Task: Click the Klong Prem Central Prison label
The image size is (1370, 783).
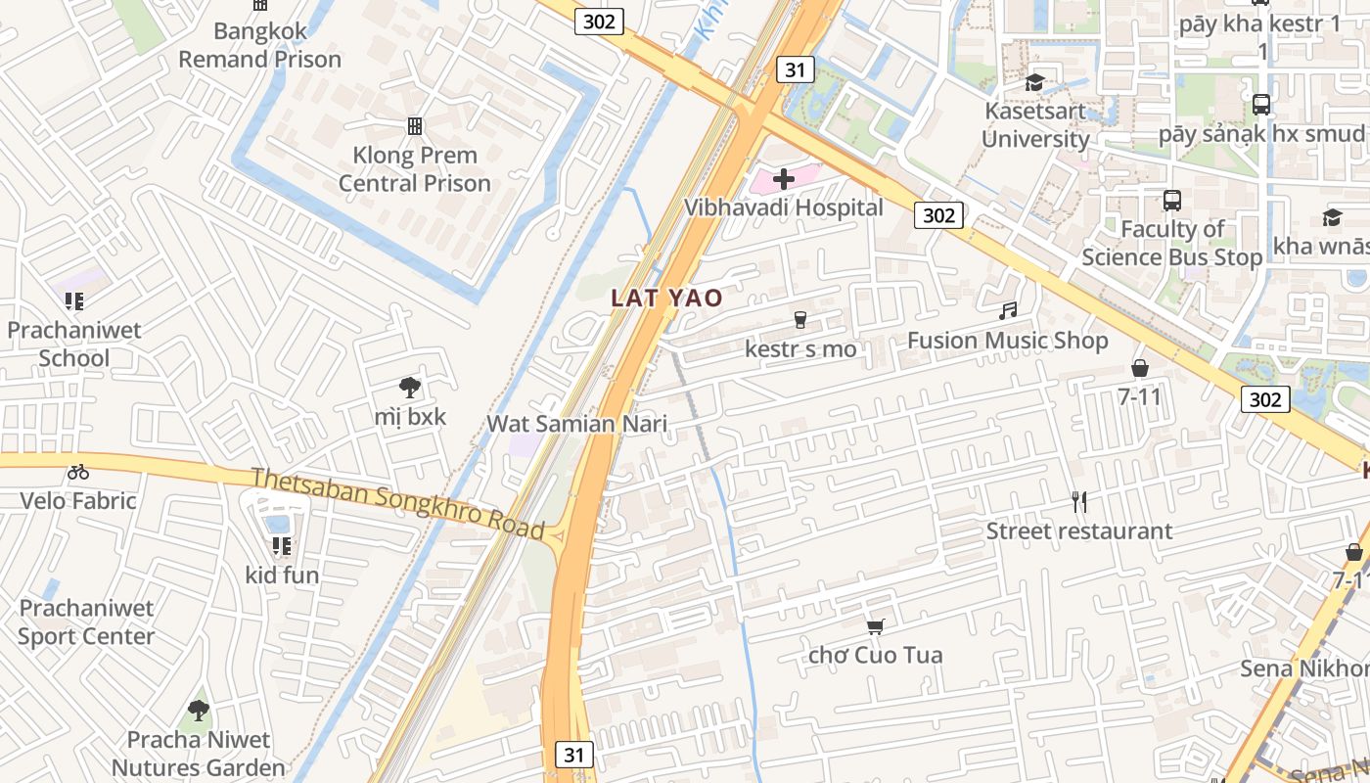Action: [415, 169]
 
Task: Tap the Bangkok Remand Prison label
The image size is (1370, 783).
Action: [259, 45]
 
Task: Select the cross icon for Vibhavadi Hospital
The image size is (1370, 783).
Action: [783, 179]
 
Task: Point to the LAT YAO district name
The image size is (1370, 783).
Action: [667, 298]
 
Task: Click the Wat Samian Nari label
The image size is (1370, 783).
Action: [577, 424]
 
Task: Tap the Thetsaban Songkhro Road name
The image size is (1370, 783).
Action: [397, 503]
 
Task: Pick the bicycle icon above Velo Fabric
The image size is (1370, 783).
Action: [78, 473]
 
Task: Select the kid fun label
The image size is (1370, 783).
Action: [282, 575]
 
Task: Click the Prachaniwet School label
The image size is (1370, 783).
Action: [74, 344]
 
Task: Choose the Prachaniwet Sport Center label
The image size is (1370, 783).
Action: [86, 622]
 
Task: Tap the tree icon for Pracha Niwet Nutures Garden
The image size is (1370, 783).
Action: [199, 710]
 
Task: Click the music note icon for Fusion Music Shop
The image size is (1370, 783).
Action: [1008, 311]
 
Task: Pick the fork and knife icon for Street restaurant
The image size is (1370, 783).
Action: [1079, 502]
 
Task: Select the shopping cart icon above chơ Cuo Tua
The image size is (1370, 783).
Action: [876, 626]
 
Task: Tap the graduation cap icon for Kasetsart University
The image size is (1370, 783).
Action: [1034, 82]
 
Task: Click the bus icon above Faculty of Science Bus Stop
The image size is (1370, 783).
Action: [1172, 201]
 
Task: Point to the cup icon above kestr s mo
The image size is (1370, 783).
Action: [800, 320]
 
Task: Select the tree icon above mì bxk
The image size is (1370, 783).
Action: [410, 388]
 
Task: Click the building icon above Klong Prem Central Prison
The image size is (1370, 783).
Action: [415, 126]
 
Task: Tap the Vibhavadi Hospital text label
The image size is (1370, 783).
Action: [783, 207]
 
